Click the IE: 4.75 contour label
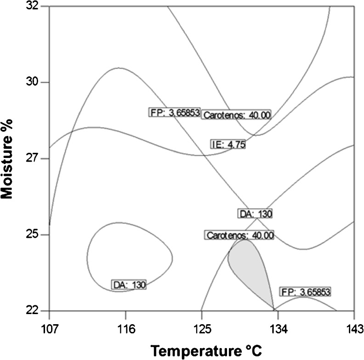228,144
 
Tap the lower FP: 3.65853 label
305,292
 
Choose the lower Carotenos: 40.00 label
239,236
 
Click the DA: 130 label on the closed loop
129,285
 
